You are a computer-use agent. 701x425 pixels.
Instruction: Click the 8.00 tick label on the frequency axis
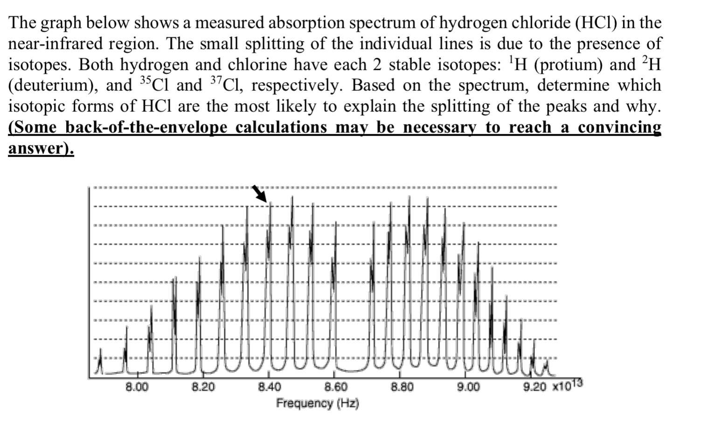pos(137,387)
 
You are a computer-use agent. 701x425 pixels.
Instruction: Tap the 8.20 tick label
pos(203,387)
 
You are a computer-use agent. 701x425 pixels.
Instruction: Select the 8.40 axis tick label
pos(269,387)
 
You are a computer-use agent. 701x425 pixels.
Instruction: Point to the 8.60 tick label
pos(335,387)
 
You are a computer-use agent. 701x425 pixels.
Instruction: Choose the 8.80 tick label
pos(402,387)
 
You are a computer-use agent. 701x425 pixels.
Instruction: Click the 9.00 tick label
pos(468,387)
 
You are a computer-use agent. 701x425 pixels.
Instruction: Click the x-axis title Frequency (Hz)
pos(318,403)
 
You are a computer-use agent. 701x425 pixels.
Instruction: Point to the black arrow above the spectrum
pos(260,193)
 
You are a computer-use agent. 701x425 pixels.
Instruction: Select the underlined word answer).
pos(41,148)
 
